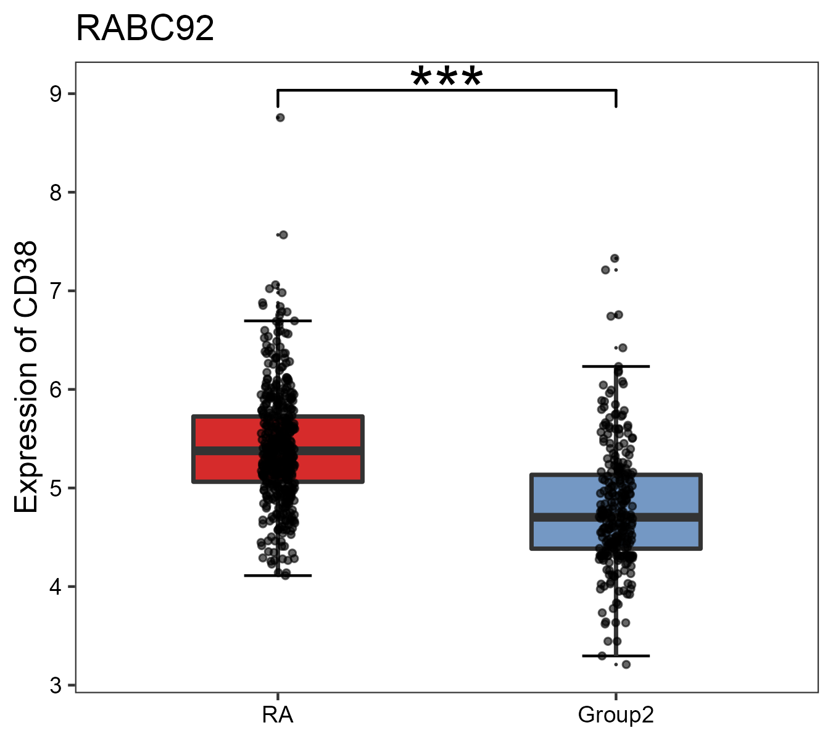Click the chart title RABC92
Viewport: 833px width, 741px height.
[x=145, y=29]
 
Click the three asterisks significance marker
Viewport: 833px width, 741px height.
[x=446, y=77]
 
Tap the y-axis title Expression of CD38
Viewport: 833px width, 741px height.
[x=26, y=377]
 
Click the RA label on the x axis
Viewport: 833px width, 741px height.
[x=278, y=715]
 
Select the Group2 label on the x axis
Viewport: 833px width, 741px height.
[x=615, y=715]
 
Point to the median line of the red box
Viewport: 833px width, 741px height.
[x=222, y=451]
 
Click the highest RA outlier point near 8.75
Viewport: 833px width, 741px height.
[x=280, y=117]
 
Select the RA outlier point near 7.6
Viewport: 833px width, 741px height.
[x=283, y=235]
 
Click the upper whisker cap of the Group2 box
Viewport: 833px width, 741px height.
[x=616, y=366]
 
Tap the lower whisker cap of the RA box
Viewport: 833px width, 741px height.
[x=278, y=576]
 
